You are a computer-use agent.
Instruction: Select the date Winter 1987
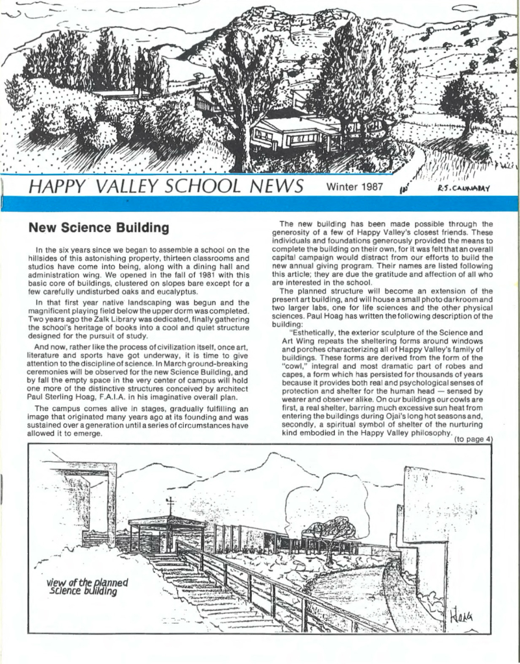[356, 188]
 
